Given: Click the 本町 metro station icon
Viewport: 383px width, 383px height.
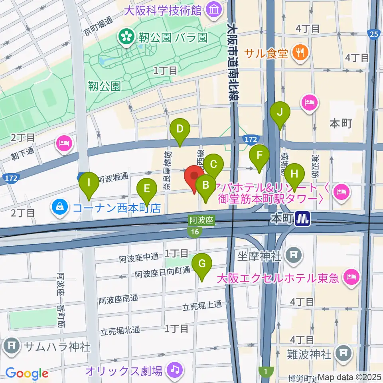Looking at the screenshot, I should click(303, 218).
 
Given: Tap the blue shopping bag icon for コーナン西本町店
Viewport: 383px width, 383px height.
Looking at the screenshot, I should click(59, 207).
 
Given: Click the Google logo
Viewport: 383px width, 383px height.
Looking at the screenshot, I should click(26, 373).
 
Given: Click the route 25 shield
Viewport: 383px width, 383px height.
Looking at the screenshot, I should click(373, 35).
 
